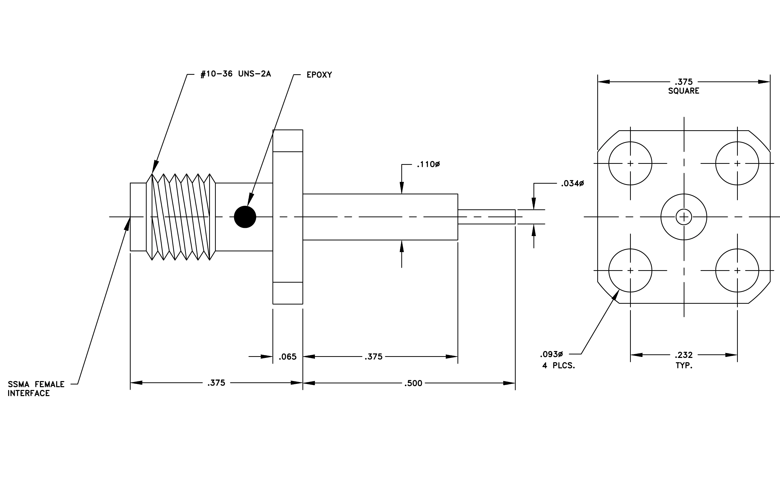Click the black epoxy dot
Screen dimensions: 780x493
pos(245,217)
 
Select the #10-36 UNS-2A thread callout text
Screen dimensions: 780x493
pos(236,74)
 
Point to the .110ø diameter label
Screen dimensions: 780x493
pos(428,165)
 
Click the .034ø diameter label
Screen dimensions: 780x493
pos(572,183)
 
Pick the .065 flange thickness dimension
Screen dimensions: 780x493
pos(288,357)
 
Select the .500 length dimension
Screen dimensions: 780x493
pos(413,383)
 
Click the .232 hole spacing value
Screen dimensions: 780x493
pos(683,355)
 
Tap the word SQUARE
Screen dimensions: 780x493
pos(683,91)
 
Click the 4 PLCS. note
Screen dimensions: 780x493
pos(558,366)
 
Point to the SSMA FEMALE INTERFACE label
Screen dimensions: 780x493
pos(36,389)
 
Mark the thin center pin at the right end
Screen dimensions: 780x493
pos(486,217)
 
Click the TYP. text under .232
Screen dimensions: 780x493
pos(684,366)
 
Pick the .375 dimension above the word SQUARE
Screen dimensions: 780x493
pos(683,82)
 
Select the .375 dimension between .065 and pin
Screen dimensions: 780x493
pos(374,357)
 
